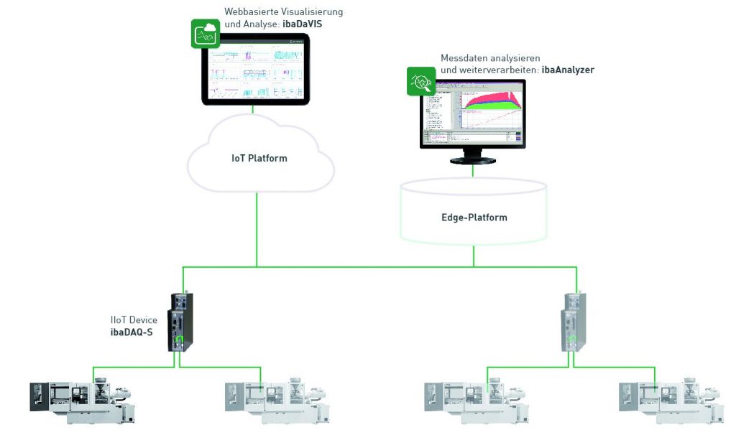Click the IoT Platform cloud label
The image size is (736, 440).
[259, 158]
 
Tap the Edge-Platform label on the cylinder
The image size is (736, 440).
[474, 217]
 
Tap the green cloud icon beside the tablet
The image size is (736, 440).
[205, 34]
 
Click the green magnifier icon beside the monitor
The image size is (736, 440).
[421, 82]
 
